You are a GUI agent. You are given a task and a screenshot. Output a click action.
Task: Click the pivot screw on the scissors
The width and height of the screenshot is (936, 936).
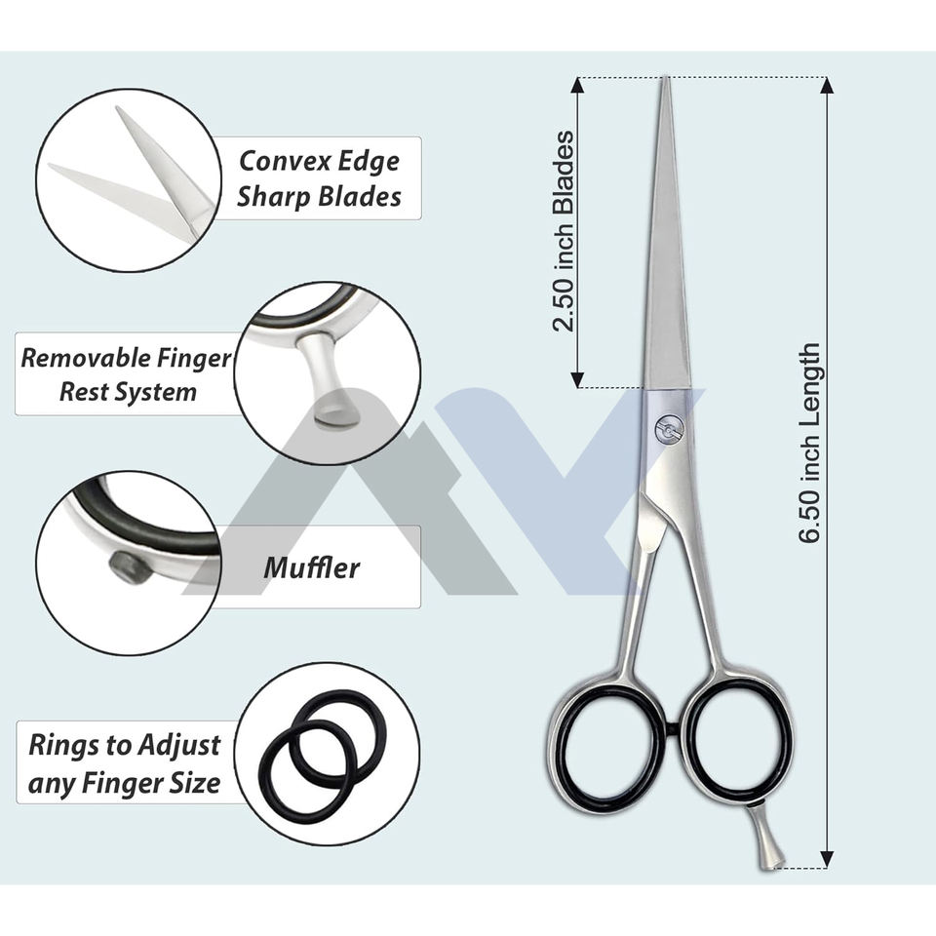coord(670,429)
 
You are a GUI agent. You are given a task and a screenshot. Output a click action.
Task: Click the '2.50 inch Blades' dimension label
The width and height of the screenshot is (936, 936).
coord(563,232)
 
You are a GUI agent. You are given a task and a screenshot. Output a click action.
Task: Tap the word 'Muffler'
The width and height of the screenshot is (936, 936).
coord(311,567)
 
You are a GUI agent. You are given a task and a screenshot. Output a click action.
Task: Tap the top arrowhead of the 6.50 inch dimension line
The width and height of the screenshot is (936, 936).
coord(828,86)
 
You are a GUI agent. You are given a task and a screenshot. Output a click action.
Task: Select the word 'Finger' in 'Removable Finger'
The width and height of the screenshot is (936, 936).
coord(195,358)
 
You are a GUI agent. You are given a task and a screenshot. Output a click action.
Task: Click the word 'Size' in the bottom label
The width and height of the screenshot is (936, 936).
coord(195,782)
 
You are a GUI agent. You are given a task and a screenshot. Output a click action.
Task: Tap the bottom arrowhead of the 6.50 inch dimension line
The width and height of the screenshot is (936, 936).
coord(828,859)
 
